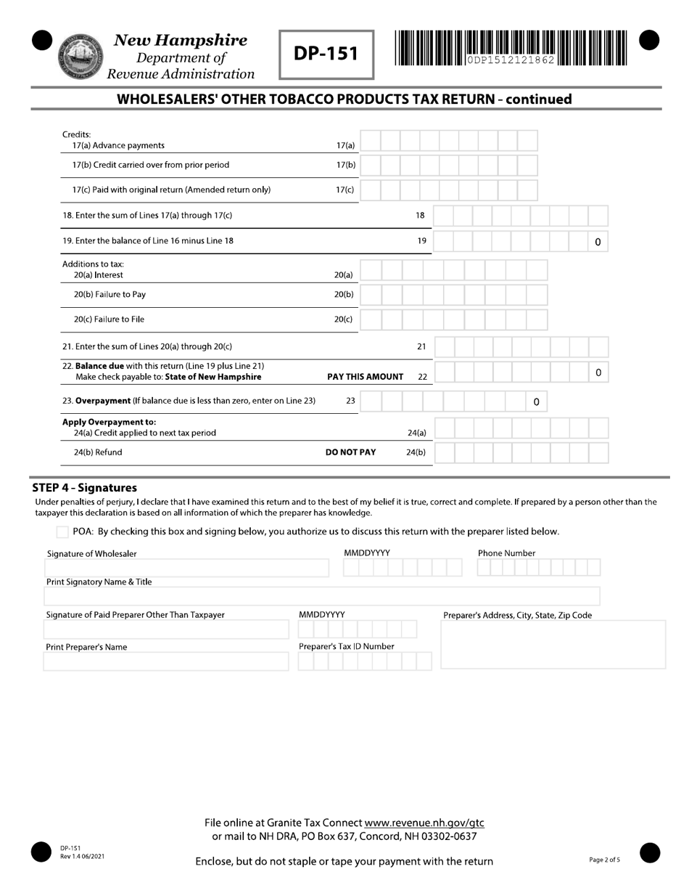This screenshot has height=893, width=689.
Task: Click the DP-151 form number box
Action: click(326, 54)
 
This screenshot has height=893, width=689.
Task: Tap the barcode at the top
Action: click(511, 49)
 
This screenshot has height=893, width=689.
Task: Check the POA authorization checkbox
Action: click(62, 532)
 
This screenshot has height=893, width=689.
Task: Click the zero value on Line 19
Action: click(598, 242)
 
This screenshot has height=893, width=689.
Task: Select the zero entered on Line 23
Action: click(536, 401)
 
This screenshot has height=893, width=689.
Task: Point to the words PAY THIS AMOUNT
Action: click(365, 377)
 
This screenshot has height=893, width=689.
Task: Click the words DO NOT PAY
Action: click(350, 452)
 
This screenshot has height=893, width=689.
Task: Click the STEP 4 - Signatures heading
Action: click(84, 488)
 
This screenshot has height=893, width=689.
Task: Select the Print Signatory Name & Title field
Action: click(321, 597)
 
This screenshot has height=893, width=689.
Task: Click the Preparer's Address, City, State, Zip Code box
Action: click(553, 644)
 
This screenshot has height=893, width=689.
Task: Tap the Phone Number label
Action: click(506, 553)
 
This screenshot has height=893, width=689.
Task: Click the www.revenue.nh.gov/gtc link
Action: click(424, 823)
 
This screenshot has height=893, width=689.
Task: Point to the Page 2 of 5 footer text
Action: click(604, 860)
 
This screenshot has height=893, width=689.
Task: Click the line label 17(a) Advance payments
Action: click(118, 145)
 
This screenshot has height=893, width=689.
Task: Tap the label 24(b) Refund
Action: click(98, 452)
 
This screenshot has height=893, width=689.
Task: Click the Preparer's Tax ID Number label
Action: click(346, 646)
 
